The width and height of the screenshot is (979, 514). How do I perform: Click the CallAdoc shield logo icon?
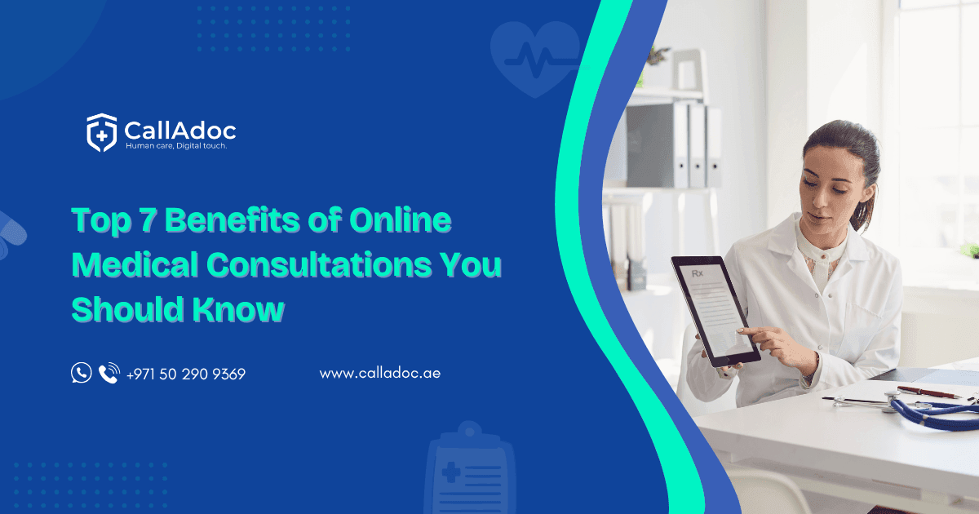(102, 133)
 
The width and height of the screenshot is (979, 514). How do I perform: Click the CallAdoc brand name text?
(179, 129)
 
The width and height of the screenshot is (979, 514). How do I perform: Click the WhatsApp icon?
(82, 374)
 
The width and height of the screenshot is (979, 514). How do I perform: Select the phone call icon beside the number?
(109, 374)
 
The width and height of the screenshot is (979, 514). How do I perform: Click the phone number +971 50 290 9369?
(186, 374)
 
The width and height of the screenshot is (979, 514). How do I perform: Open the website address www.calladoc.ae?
(380, 374)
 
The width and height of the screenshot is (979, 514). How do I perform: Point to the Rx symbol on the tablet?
(698, 274)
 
